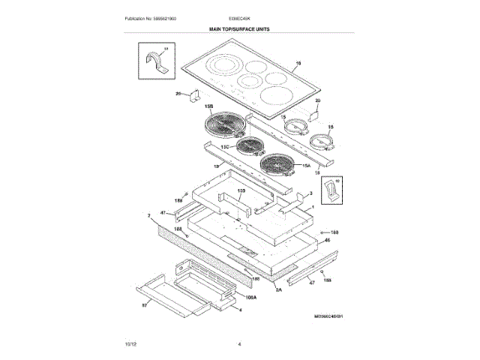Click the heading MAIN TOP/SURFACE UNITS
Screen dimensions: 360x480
239,28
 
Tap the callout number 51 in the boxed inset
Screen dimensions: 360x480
166,48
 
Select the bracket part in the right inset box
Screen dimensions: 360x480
331,194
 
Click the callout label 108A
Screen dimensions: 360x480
250,297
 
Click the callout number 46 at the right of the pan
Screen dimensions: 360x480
327,241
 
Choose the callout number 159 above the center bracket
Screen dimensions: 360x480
241,193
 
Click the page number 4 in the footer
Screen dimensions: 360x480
239,343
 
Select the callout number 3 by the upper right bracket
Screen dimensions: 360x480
310,193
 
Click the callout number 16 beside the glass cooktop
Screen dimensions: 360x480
298,62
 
